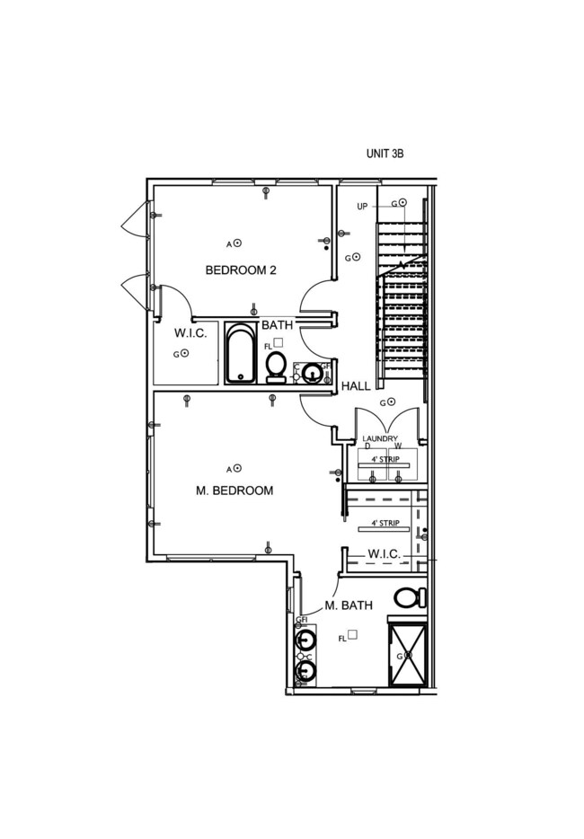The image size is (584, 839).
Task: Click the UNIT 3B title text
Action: pos(385,154)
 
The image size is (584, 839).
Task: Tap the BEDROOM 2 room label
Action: pos(240,269)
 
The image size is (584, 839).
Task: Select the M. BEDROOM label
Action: pos(234,490)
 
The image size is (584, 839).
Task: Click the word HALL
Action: pos(356,385)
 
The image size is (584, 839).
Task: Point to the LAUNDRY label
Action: pos(379,438)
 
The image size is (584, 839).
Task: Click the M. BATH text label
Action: pos(348,605)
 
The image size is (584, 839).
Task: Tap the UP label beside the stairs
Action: pos(362,207)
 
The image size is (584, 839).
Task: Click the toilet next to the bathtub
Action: pos(276,366)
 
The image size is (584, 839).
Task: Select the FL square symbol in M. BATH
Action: pos(353,634)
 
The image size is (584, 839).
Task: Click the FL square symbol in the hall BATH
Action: pos(279,342)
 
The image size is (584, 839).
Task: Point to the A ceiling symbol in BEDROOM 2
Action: pos(238,243)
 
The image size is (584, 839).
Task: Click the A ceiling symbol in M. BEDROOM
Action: pos(238,468)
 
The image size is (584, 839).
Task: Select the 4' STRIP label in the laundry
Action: pos(385,457)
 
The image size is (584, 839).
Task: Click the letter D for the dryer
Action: pos(367,446)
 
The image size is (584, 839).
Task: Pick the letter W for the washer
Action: pos(397,446)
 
